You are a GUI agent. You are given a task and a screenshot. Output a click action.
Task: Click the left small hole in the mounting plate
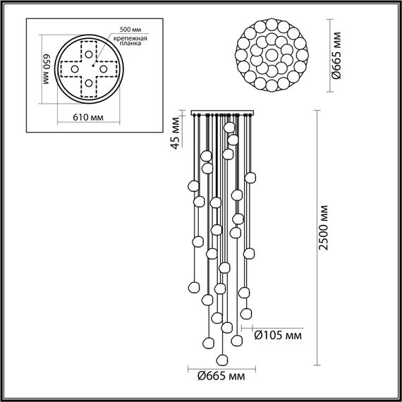[73, 70]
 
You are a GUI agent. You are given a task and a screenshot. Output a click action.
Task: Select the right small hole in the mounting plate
[103, 70]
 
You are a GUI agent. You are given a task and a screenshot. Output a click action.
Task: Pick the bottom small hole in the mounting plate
[88, 85]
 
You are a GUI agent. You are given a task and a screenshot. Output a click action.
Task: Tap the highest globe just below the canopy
[229, 127]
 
